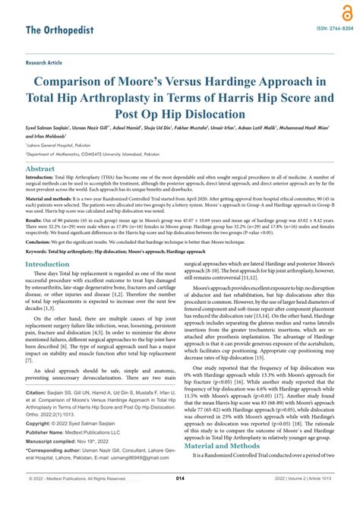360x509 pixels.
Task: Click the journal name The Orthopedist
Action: [x=58, y=30]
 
